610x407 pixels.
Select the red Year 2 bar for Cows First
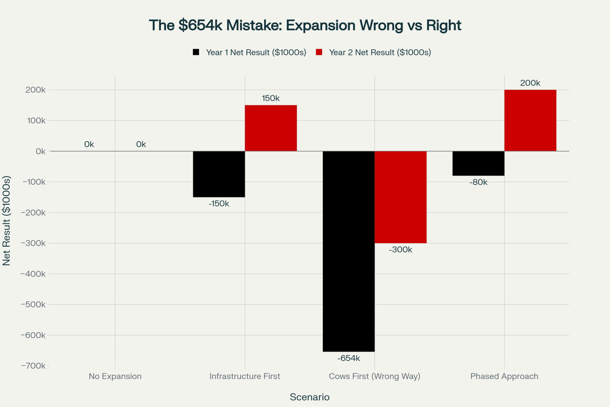pyautogui.click(x=400, y=197)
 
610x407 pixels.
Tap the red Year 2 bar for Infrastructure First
pyautogui.click(x=271, y=128)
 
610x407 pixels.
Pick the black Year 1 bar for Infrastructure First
pyautogui.click(x=219, y=174)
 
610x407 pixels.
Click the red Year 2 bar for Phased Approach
pyautogui.click(x=530, y=120)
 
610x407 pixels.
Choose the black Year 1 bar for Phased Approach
pyautogui.click(x=478, y=163)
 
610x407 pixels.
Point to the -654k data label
pyautogui.click(x=349, y=358)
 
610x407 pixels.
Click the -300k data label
pyautogui.click(x=400, y=250)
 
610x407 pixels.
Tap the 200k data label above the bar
pyautogui.click(x=530, y=83)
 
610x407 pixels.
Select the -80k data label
pyautogui.click(x=478, y=182)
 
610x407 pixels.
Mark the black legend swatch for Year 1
pyautogui.click(x=196, y=52)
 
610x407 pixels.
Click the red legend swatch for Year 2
pyautogui.click(x=319, y=52)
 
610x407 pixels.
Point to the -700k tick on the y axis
pyautogui.click(x=33, y=366)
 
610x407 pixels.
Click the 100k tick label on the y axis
pyautogui.click(x=36, y=121)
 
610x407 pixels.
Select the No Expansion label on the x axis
pyautogui.click(x=115, y=376)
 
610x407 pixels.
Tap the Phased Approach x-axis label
pyautogui.click(x=504, y=376)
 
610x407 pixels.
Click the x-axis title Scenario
pyautogui.click(x=310, y=397)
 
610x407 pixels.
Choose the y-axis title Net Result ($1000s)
pyautogui.click(x=6, y=220)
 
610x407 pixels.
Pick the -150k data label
pyautogui.click(x=219, y=204)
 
